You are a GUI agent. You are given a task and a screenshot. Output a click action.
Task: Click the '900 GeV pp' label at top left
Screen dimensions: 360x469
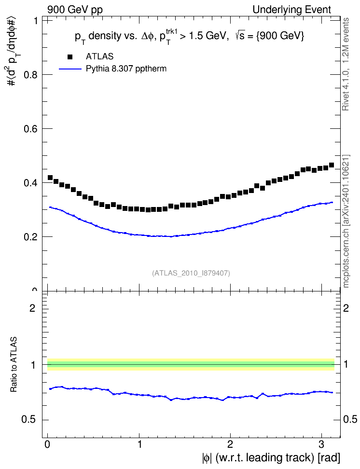click(x=75, y=10)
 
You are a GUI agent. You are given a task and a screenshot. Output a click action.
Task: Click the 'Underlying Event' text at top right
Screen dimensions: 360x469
click(x=292, y=10)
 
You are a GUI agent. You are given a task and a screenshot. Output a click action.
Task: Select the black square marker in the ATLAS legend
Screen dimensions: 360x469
click(x=70, y=56)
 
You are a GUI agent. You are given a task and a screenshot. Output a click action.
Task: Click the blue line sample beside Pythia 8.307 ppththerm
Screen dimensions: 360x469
click(x=70, y=69)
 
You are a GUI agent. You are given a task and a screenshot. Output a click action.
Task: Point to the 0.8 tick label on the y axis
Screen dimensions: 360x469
click(x=30, y=74)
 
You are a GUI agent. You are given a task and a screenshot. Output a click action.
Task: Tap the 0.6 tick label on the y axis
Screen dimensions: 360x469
click(x=30, y=129)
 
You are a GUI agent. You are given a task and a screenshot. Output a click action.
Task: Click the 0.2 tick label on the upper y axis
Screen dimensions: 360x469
click(x=30, y=236)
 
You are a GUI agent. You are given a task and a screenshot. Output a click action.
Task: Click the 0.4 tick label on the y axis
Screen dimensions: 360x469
click(x=30, y=183)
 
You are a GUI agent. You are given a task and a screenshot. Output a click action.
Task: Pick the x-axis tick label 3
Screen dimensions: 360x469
click(x=321, y=444)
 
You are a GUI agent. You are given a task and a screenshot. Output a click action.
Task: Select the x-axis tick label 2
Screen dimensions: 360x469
click(x=230, y=444)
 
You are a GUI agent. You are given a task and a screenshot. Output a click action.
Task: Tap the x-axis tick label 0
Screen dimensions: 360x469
click(x=47, y=444)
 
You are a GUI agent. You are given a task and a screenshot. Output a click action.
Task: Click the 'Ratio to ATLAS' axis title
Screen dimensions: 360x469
click(x=14, y=365)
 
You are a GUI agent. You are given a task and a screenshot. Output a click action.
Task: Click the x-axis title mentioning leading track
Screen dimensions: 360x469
click(x=271, y=458)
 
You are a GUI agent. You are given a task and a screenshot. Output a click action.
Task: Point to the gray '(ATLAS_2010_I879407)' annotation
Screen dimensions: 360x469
click(x=191, y=273)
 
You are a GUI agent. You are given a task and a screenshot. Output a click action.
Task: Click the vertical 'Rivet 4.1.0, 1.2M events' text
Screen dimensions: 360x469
click(x=346, y=64)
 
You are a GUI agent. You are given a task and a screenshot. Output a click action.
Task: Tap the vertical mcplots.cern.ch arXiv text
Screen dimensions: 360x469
click(x=346, y=221)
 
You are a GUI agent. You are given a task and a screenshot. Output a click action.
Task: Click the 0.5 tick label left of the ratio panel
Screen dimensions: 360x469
click(x=28, y=420)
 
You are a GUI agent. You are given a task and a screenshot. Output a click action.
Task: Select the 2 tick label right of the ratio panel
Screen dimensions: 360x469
click(x=346, y=308)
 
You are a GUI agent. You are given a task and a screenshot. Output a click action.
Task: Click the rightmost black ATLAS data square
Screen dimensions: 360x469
click(x=331, y=165)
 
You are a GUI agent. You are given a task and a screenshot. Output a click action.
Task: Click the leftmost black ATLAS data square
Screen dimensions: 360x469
click(x=50, y=178)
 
